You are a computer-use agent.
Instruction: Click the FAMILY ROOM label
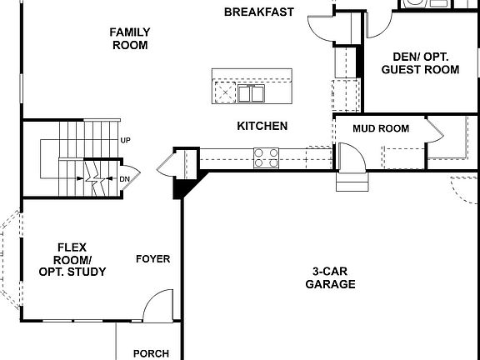130,38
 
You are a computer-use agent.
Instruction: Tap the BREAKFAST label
259,12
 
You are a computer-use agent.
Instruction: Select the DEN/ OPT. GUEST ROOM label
420,63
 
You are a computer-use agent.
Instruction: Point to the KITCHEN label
262,126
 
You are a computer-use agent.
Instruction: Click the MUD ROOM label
381,128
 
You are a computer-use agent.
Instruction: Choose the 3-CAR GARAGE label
333,277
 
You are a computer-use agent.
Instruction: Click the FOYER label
153,259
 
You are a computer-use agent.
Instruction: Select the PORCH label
151,353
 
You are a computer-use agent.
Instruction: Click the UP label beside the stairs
125,140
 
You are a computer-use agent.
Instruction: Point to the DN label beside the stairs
124,179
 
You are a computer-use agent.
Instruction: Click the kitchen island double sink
251,92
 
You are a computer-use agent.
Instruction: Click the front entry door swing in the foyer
157,307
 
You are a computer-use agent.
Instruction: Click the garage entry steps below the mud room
350,182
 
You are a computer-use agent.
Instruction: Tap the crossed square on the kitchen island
224,91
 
